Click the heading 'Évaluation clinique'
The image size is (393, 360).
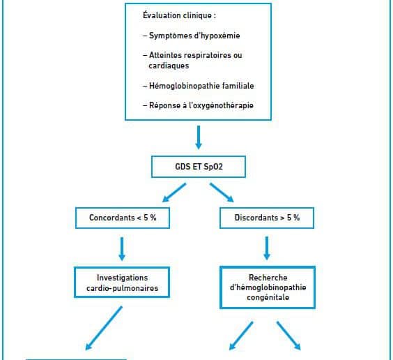click(x=177, y=15)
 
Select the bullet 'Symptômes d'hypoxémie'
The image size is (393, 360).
click(x=192, y=36)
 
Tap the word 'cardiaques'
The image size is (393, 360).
click(x=169, y=66)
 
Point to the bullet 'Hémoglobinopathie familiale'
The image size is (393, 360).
click(x=199, y=86)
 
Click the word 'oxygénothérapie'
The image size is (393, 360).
click(x=223, y=105)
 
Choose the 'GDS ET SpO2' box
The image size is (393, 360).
click(x=199, y=167)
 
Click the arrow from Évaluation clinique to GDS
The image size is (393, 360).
click(x=199, y=137)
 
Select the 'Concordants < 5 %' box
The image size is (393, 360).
click(x=123, y=218)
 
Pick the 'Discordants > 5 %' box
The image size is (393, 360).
click(x=267, y=218)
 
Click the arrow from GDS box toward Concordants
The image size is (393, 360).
click(x=174, y=193)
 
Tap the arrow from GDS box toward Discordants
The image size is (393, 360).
click(x=222, y=193)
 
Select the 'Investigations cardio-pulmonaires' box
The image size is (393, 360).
click(x=122, y=283)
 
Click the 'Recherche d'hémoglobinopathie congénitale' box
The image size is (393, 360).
click(x=268, y=287)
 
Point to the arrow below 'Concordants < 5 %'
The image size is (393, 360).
click(x=122, y=249)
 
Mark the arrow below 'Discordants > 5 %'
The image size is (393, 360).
click(x=267, y=248)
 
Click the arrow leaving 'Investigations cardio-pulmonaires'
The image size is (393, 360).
click(x=104, y=328)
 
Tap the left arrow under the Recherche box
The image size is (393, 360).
click(x=241, y=336)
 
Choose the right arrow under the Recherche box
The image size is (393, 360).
click(x=288, y=336)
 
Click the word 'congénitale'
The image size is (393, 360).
click(x=268, y=297)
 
